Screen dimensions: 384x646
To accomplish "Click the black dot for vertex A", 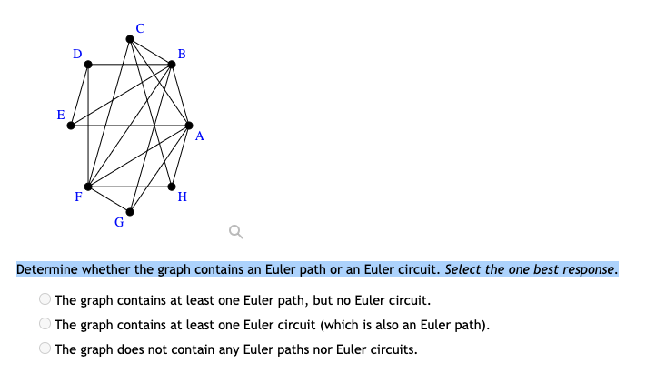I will (189, 125).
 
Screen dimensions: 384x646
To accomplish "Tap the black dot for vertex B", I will (172, 65).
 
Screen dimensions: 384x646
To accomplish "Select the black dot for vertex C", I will (130, 39).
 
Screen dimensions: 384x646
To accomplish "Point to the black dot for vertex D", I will (88, 65).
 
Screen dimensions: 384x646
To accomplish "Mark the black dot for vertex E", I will (70, 125).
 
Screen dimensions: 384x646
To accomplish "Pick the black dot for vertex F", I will (88, 186).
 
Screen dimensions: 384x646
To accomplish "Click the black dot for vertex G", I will (130, 211).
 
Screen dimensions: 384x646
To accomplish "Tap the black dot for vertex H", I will (172, 186).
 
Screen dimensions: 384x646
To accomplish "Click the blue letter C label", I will (139, 27).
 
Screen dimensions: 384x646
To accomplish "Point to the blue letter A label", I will (199, 137).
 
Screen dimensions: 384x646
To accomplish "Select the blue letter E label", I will (61, 116).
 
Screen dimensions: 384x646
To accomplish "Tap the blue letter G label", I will (119, 222).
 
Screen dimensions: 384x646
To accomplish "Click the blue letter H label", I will (183, 197).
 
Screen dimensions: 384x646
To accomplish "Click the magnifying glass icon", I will (235, 234).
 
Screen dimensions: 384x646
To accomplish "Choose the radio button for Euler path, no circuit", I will (45, 299).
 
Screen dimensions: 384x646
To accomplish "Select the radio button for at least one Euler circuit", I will (45, 323).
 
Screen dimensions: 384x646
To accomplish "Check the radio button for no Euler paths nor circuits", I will (45, 347).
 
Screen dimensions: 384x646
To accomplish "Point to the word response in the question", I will (589, 270).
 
